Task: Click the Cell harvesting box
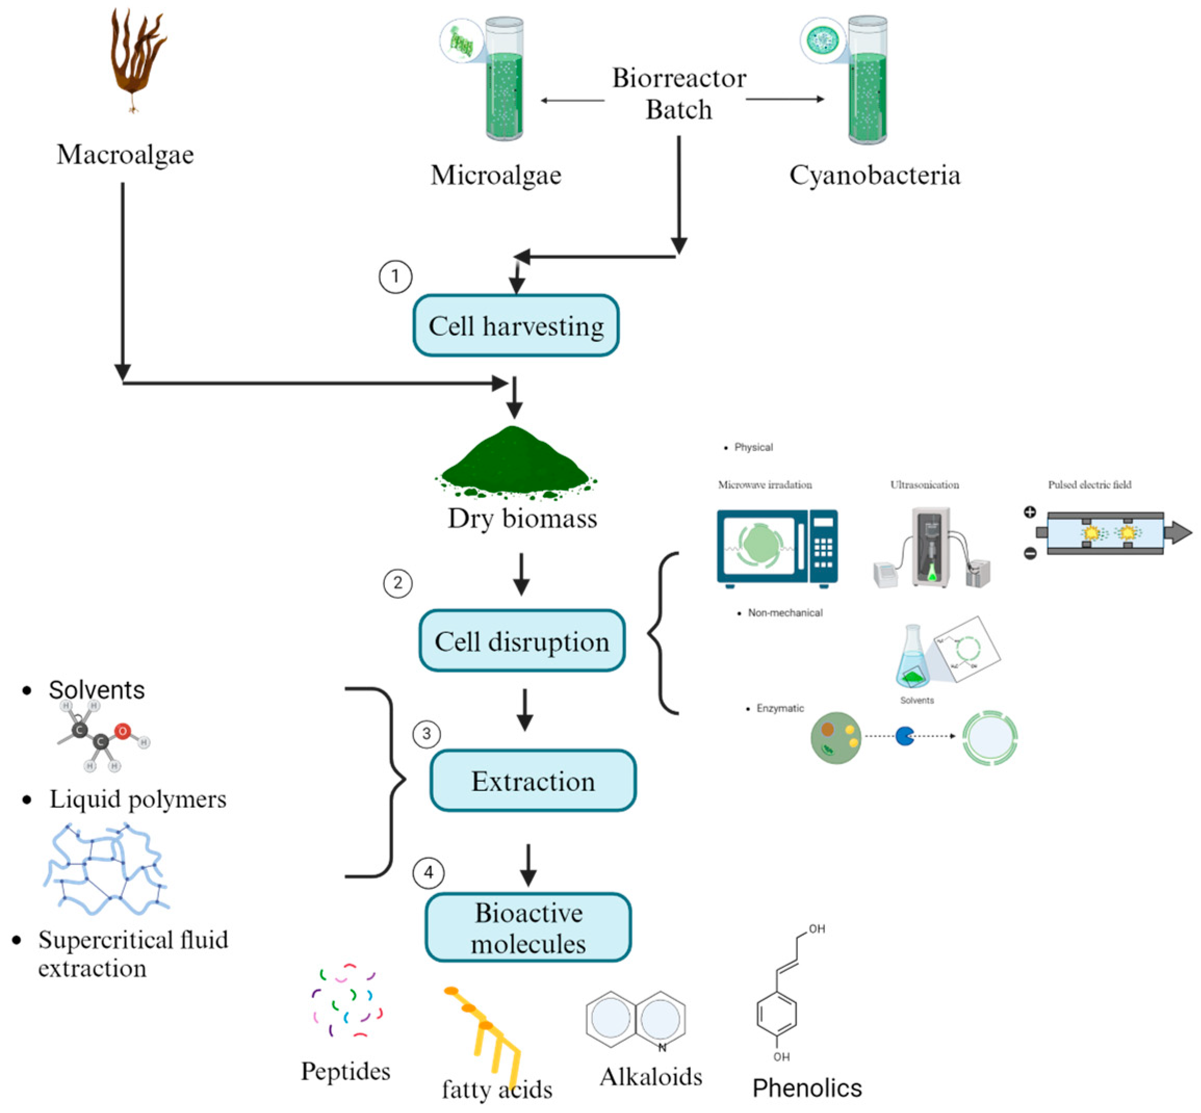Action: (516, 326)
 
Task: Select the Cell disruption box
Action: (522, 641)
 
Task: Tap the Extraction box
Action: (533, 781)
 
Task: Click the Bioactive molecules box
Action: (528, 928)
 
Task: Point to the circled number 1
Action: (395, 277)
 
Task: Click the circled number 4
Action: (428, 873)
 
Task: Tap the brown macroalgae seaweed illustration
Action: (136, 57)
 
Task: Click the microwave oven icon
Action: (776, 547)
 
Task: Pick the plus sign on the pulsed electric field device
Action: (1030, 513)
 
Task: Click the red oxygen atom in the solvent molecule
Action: (123, 731)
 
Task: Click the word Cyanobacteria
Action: (874, 175)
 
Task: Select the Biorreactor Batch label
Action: (679, 94)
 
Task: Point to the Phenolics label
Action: (806, 1088)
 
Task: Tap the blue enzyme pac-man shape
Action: (905, 736)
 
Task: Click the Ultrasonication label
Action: (924, 485)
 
